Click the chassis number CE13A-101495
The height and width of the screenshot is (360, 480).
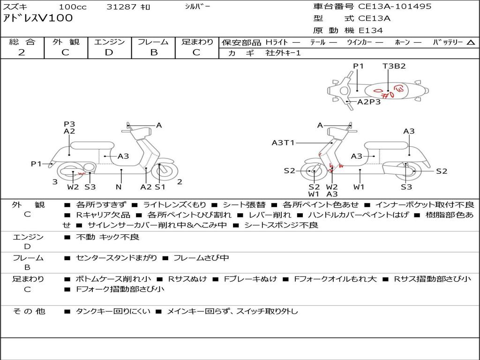[395, 7]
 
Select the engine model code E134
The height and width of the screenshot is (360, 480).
[371, 30]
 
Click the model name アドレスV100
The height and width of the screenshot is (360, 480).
[37, 18]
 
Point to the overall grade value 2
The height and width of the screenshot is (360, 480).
[22, 52]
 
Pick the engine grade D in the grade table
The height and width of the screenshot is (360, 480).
[109, 52]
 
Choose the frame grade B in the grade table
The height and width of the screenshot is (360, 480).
[154, 52]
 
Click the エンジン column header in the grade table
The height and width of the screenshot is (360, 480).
[109, 42]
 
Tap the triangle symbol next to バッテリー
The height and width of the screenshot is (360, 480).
[471, 42]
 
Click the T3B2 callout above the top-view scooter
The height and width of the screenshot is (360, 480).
[394, 66]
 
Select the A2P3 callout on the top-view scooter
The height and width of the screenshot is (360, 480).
[369, 102]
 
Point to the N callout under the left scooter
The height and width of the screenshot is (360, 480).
[119, 187]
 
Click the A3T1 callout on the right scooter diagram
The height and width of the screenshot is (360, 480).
[283, 142]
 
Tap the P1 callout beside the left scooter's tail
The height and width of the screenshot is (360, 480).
[36, 164]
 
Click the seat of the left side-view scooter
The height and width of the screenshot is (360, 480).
[92, 145]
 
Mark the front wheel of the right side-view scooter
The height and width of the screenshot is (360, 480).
[312, 171]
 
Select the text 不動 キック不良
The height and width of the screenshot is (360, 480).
[108, 237]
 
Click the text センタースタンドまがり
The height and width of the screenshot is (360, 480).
[117, 258]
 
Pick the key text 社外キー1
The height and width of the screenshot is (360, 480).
[283, 53]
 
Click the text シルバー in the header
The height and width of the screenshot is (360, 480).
[198, 7]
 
